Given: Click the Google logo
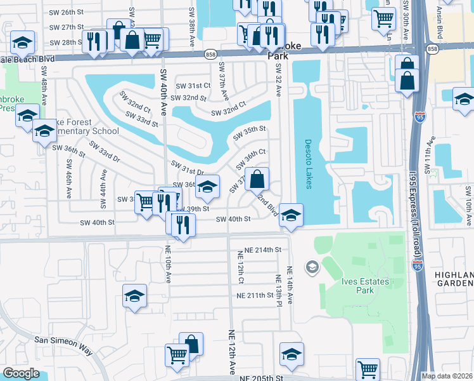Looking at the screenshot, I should click(x=21, y=373).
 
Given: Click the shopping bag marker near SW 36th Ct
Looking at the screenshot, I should click(x=257, y=180).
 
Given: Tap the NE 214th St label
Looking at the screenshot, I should click(x=259, y=250).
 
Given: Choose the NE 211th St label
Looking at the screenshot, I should click(x=255, y=296).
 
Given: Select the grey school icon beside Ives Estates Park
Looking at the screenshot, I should click(x=312, y=267).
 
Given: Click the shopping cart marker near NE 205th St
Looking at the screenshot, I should click(x=368, y=369).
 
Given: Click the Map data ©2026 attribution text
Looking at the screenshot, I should click(x=447, y=376).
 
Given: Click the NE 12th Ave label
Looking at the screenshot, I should click(x=232, y=349).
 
